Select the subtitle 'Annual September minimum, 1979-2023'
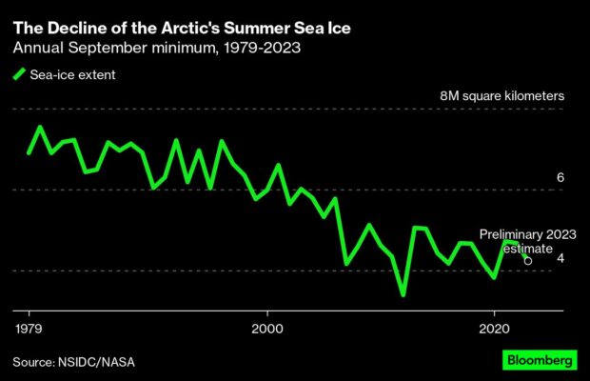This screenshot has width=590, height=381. coord(157,48)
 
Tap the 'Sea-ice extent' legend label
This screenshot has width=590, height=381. coord(71,75)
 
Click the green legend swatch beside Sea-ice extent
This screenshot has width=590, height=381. coord(18,75)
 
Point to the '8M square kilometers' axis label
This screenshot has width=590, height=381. coord(502,97)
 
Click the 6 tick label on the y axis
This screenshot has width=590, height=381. coord(560,178)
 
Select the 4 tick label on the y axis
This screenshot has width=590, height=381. coord(560,258)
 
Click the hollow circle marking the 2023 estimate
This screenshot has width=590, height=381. coord(528,259)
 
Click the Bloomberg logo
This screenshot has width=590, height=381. coord(540,361)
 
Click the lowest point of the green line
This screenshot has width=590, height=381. coord(403,295)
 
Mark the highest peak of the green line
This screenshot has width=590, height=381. coord(40,127)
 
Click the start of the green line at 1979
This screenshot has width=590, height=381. coord(29,152)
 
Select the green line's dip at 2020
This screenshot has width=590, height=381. coord(494,277)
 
